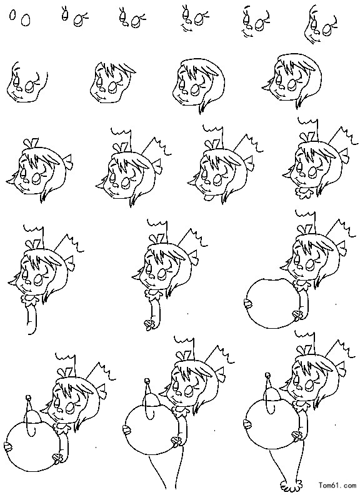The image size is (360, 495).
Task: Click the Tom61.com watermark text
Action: click(x=337, y=484)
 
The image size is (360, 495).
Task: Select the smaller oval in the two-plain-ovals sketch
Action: click(x=12, y=15)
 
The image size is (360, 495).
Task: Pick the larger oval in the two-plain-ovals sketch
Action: click(x=26, y=20)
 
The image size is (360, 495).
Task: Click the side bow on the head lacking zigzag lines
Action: click(x=67, y=161)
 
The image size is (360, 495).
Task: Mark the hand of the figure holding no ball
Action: click(x=149, y=324)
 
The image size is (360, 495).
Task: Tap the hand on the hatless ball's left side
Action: click(x=248, y=303)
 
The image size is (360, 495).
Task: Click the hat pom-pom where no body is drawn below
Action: click(x=28, y=397)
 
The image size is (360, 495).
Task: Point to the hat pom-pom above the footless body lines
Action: click(x=147, y=381)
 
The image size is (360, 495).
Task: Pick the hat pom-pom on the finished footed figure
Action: click(x=268, y=375)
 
